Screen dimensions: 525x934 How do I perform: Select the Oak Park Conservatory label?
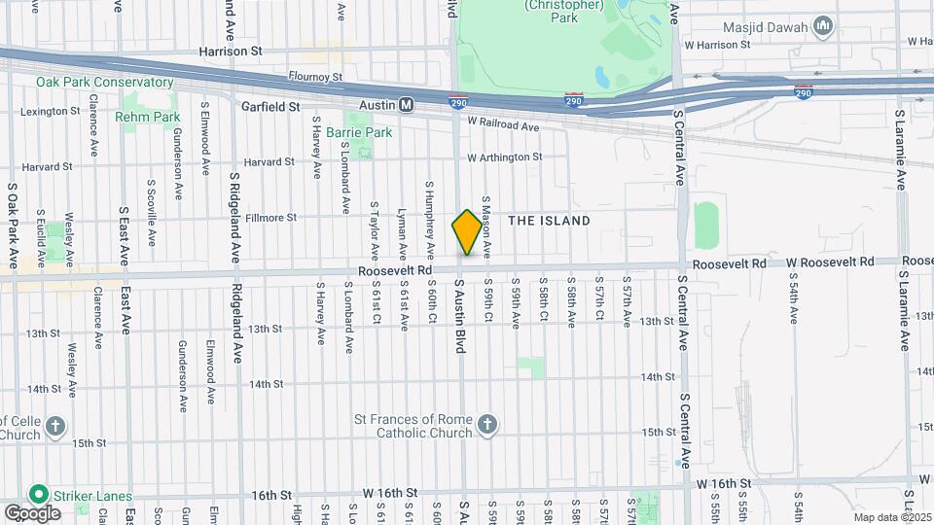click(90, 83)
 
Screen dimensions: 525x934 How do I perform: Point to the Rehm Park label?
click(147, 117)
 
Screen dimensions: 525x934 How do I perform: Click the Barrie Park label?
click(359, 131)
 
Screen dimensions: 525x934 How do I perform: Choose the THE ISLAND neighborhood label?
click(549, 221)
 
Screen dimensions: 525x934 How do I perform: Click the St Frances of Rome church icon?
click(487, 424)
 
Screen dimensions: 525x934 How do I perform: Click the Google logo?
click(32, 512)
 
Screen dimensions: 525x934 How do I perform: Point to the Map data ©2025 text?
click(892, 517)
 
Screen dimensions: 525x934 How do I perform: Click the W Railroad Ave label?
click(503, 125)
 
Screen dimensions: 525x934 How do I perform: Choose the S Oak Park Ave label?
click(14, 226)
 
